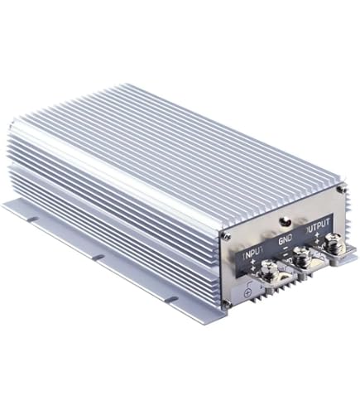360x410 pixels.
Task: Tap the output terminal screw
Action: [333, 244]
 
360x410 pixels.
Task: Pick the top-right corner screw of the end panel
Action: [341, 190]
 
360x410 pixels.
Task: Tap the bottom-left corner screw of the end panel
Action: [225, 306]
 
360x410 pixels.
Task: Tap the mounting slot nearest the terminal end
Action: [170, 297]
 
